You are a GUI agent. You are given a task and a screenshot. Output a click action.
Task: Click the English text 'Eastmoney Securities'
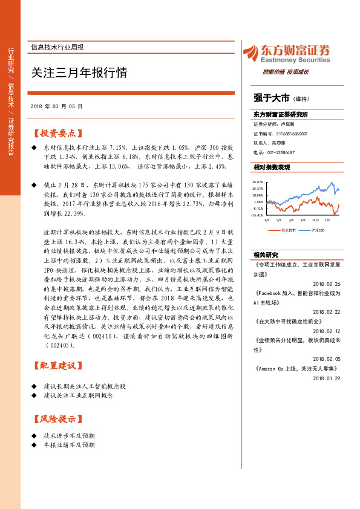295,60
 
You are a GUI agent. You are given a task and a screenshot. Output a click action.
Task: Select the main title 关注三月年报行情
79,73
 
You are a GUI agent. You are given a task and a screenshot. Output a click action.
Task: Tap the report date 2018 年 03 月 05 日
56,106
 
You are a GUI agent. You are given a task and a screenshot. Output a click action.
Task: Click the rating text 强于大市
270,97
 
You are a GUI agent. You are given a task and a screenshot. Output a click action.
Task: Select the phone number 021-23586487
279,153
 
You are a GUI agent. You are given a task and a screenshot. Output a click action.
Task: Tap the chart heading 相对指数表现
272,167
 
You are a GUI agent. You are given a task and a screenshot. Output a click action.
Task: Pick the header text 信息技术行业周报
57,47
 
